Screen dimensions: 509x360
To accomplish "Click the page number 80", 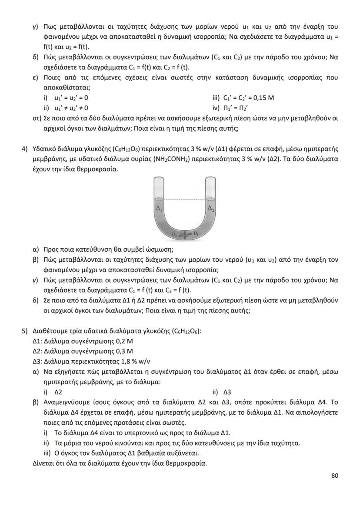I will point(335,476).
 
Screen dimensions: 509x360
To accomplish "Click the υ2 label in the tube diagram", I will point(174,235).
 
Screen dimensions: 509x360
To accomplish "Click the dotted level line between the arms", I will point(185,200).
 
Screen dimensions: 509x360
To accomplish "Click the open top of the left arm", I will point(159,179).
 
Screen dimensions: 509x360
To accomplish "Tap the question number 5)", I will point(25,332).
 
